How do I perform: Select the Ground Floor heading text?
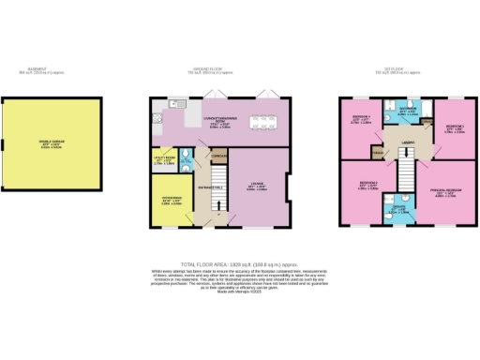point(222,70)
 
